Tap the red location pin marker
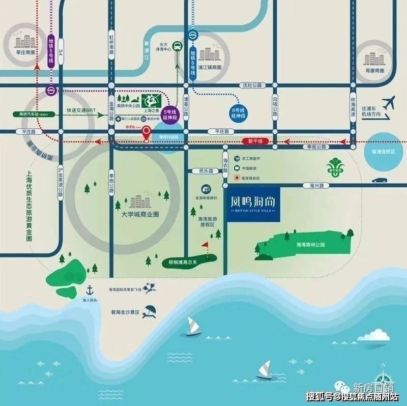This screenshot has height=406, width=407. pos(146,132)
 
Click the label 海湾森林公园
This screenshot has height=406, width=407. pos(310,245)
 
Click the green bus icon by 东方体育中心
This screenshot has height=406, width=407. pos(177,46)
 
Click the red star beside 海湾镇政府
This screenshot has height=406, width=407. pos(237,178)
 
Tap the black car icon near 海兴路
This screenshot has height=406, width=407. pos(379,180)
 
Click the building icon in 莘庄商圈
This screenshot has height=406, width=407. pos(23,42)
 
